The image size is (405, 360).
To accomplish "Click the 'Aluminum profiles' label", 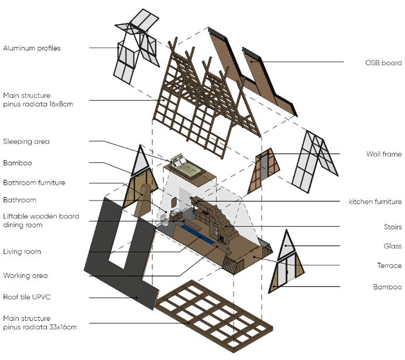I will pyautogui.click(x=32, y=48).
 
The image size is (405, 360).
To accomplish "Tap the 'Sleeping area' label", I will pyautogui.click(x=26, y=141).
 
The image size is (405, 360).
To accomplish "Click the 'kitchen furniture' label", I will pyautogui.click(x=375, y=202).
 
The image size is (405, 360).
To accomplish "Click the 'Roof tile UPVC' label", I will pyautogui.click(x=28, y=297).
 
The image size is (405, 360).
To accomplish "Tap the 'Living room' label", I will pyautogui.click(x=22, y=252).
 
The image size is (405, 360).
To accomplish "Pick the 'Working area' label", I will pyautogui.click(x=26, y=275).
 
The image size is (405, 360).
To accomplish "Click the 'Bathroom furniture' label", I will pyautogui.click(x=34, y=182).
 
